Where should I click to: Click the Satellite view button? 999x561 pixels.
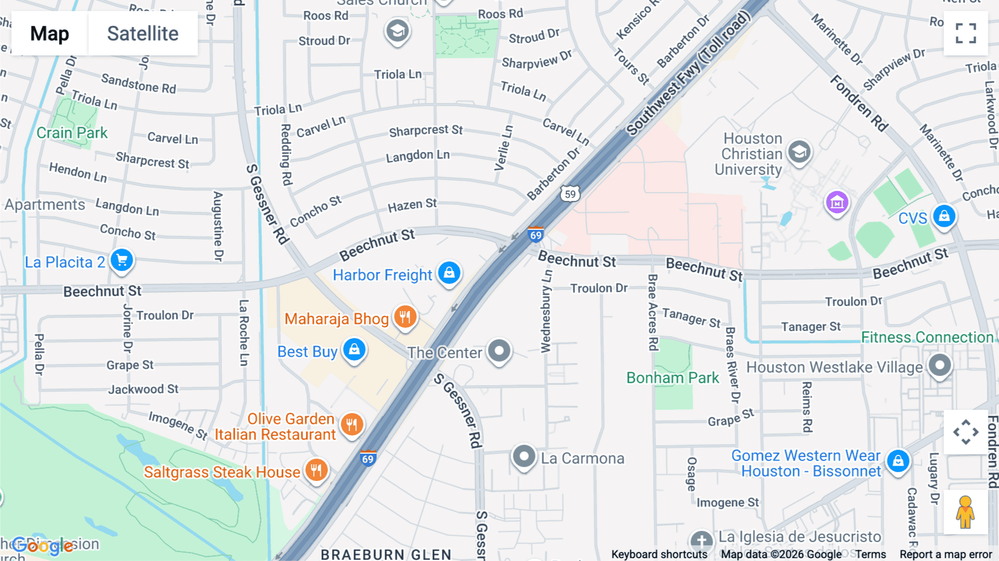tap(143, 33)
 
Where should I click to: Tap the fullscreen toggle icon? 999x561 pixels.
tap(966, 33)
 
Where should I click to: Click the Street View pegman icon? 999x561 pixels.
tap(966, 512)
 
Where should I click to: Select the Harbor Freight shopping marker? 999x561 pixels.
tap(449, 273)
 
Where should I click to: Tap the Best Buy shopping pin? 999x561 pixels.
tap(354, 350)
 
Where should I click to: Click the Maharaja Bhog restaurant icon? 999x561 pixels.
tap(405, 317)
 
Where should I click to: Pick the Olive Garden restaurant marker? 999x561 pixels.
tap(352, 425)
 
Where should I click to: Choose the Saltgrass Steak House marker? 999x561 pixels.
tap(316, 470)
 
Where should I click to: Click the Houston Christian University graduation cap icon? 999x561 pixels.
tap(799, 152)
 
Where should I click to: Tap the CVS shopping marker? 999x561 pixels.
tap(944, 216)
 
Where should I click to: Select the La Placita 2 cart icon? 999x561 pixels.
tap(122, 260)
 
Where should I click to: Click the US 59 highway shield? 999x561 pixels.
tap(570, 194)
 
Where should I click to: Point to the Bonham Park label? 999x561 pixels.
tap(673, 378)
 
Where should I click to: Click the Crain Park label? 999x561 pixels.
tap(72, 133)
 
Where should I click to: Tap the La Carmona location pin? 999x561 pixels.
tap(523, 457)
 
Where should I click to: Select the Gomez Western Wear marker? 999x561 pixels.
tap(898, 460)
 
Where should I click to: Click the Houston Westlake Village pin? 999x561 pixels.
tap(940, 365)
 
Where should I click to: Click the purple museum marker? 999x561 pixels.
tap(837, 202)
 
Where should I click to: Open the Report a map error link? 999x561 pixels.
tap(945, 554)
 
